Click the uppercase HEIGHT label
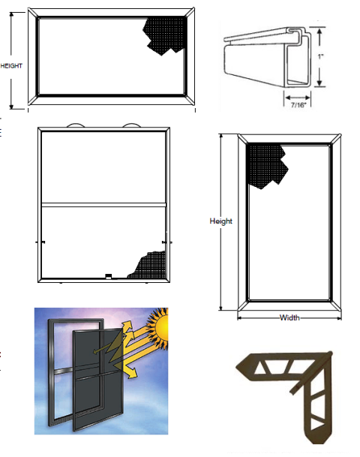[11, 66]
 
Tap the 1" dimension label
[321, 56]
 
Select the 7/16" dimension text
[298, 105]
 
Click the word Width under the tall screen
[289, 317]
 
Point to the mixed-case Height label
[220, 221]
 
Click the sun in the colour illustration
[159, 327]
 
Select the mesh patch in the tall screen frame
[265, 164]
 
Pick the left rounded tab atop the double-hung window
[76, 125]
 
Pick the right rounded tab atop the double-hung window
[132, 125]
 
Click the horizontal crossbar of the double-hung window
[103, 205]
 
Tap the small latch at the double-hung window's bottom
[109, 276]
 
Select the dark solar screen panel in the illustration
[97, 379]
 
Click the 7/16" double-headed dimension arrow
[298, 98]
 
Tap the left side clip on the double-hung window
[40, 242]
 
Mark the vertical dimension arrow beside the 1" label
[319, 57]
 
